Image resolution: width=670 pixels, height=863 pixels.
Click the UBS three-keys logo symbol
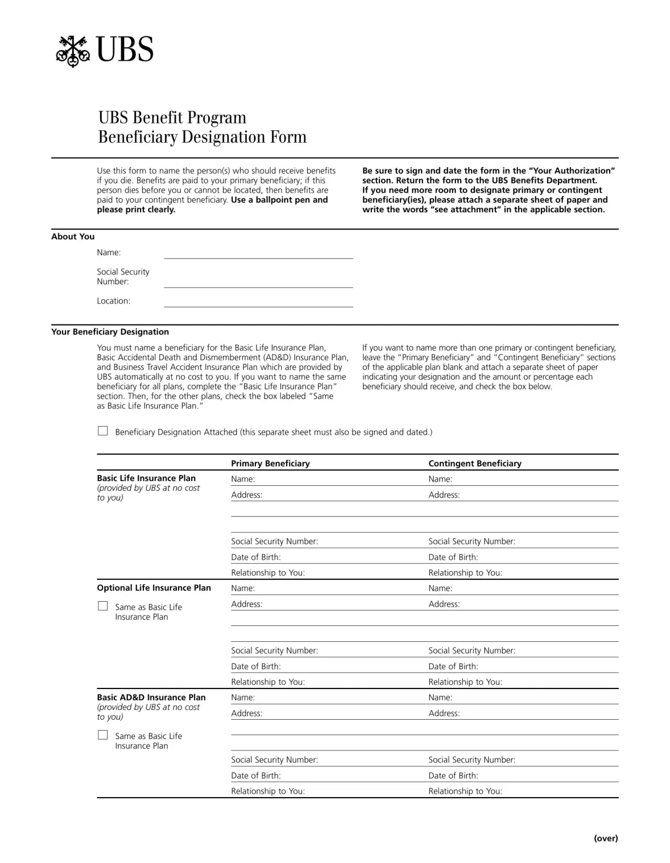coord(72,51)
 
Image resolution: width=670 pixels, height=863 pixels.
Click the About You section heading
coord(72,237)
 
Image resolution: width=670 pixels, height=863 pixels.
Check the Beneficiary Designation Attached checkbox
coord(103,431)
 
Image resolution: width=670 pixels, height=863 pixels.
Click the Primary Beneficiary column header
coord(270,463)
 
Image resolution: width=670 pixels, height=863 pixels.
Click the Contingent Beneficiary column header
coord(474,463)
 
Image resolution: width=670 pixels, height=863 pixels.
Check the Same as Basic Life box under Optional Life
coord(103,606)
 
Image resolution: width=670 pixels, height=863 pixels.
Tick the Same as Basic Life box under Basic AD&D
coord(103,735)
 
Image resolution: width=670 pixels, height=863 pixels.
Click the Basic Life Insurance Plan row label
coord(146,478)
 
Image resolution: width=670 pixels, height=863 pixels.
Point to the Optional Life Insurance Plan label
coord(154,588)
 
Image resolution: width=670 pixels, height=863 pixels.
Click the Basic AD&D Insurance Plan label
coord(151,697)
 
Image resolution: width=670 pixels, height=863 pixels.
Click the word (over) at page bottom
coord(606,838)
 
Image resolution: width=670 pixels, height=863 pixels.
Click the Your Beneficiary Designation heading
coord(110,332)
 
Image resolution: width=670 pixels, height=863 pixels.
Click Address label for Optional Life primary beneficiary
coord(247,604)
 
